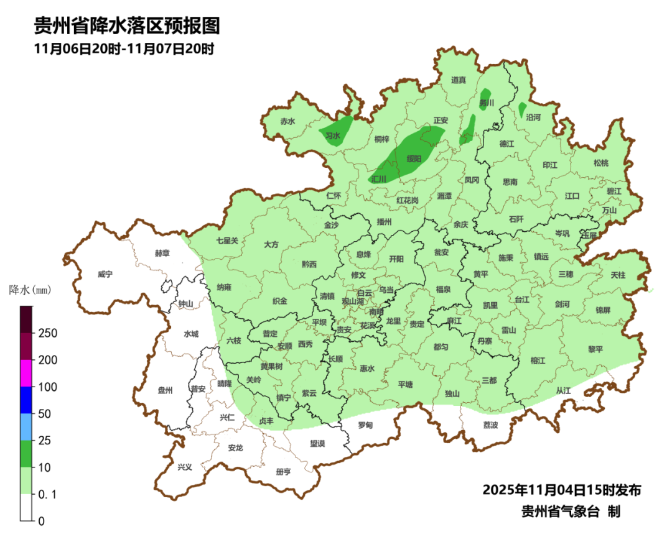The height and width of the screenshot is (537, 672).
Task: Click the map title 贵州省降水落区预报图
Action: point(127,26)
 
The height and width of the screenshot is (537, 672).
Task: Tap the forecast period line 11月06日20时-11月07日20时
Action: point(124,49)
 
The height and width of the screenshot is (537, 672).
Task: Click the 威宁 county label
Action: point(106,274)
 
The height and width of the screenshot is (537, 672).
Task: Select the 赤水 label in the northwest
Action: point(287,122)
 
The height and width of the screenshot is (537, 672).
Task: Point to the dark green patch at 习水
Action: point(336,133)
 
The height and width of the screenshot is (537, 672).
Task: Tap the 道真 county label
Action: point(459,80)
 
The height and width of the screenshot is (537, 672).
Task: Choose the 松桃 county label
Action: point(600,163)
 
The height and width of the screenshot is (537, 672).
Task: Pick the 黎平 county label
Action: point(595,349)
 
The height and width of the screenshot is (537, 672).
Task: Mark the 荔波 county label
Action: point(490,425)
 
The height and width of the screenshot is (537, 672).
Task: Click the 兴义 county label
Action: point(185,467)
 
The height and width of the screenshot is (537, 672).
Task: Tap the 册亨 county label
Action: point(283,472)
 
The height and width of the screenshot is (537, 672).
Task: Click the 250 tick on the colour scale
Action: point(48,333)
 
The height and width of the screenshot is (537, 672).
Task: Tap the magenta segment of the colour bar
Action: point(26,373)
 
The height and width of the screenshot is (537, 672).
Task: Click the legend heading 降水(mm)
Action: point(30,290)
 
